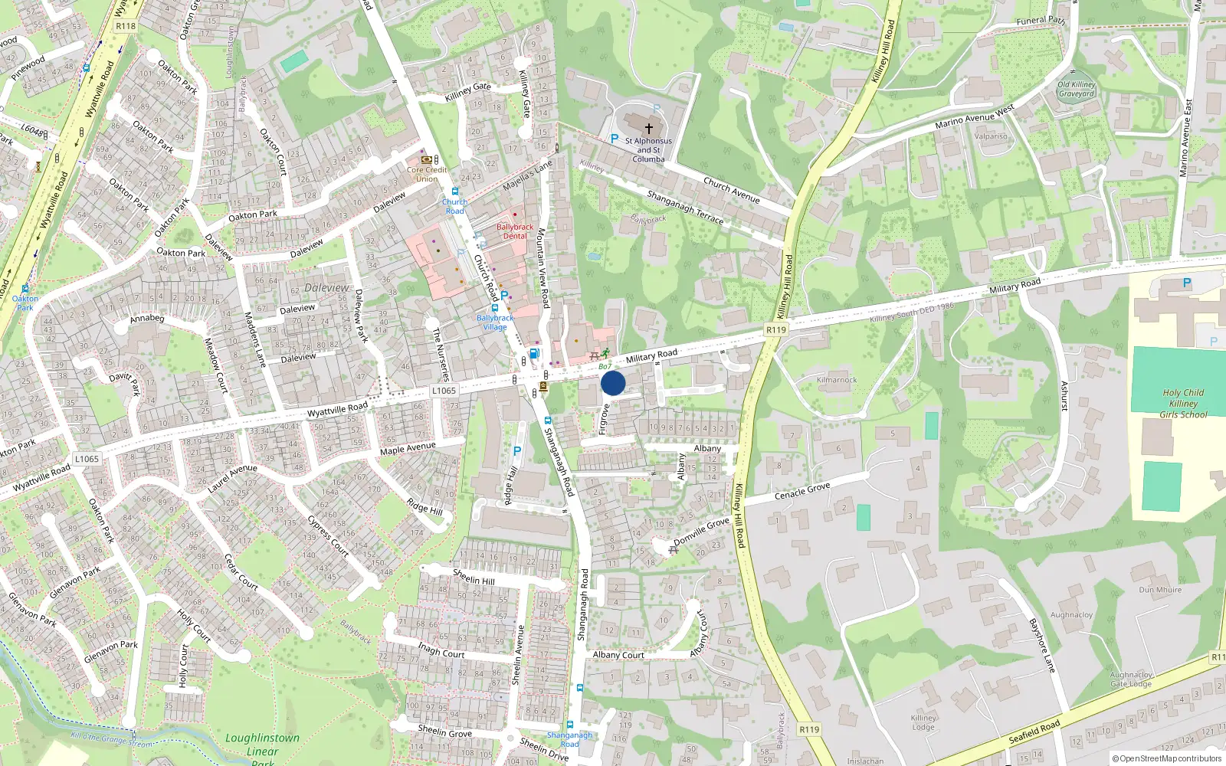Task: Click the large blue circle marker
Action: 613,383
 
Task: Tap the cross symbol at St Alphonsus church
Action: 649,129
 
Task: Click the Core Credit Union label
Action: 427,175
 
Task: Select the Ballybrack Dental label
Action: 515,231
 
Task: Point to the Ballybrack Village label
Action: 495,322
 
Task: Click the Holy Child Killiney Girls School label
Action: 1183,404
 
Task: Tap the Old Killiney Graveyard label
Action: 1077,90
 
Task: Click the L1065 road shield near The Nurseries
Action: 444,391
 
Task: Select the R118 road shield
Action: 126,26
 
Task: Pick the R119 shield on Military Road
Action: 776,330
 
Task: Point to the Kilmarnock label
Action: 837,380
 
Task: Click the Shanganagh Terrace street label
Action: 685,207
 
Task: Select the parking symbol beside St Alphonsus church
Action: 614,139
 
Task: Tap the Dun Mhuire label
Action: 1160,590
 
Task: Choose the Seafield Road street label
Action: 1034,732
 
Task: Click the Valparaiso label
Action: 991,136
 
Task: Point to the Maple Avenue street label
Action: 408,448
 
